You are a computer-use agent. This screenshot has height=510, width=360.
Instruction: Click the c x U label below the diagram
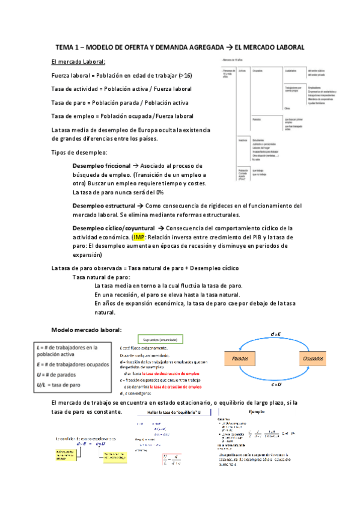click(277, 385)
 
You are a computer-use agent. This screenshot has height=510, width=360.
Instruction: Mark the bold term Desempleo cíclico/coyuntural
click(114, 229)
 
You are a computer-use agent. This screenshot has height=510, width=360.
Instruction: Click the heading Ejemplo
click(260, 413)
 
